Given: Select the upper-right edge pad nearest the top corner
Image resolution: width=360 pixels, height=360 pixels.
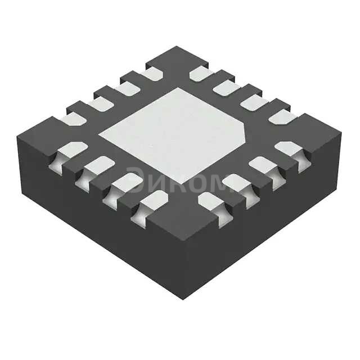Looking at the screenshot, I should [200, 74].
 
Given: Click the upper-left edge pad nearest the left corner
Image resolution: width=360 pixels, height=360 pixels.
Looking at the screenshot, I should [73, 118].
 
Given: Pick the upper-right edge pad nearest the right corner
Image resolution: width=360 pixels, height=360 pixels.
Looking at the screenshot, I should [281, 117].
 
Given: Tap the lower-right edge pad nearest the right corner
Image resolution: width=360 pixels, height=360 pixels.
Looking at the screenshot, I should [290, 150].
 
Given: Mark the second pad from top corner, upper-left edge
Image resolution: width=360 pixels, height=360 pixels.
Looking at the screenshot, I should [126, 88].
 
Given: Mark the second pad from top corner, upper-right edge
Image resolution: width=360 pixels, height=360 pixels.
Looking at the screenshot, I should [227, 87].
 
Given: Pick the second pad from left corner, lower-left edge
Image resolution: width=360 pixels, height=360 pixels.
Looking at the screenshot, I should [98, 166].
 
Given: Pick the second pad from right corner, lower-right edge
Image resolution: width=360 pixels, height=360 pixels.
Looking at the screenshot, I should [263, 165].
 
